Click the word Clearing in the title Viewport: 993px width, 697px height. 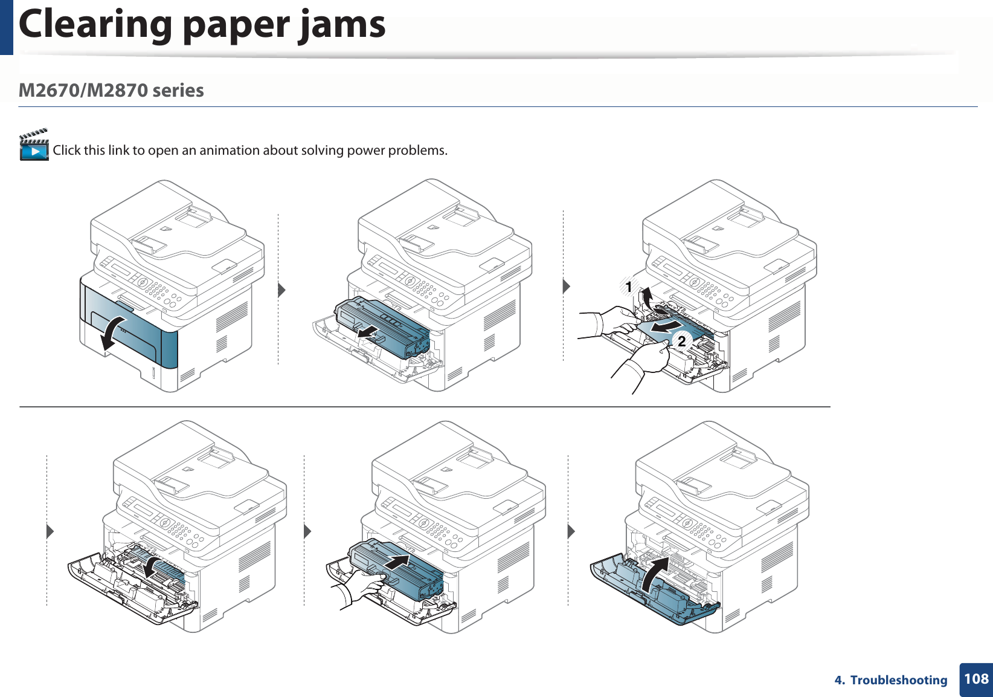tap(95, 25)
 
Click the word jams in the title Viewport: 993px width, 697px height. tap(342, 25)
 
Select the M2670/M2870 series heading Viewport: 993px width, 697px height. tap(111, 91)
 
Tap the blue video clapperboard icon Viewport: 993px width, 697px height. tap(34, 145)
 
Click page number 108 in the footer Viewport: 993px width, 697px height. tap(975, 679)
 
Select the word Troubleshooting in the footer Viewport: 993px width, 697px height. tap(899, 680)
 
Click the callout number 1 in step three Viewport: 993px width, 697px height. tap(629, 287)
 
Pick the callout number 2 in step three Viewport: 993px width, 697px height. tap(681, 342)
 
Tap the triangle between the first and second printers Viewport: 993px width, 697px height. tap(281, 290)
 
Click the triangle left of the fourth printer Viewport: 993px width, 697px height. tap(50, 532)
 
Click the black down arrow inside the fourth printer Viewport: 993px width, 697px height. tap(151, 565)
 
